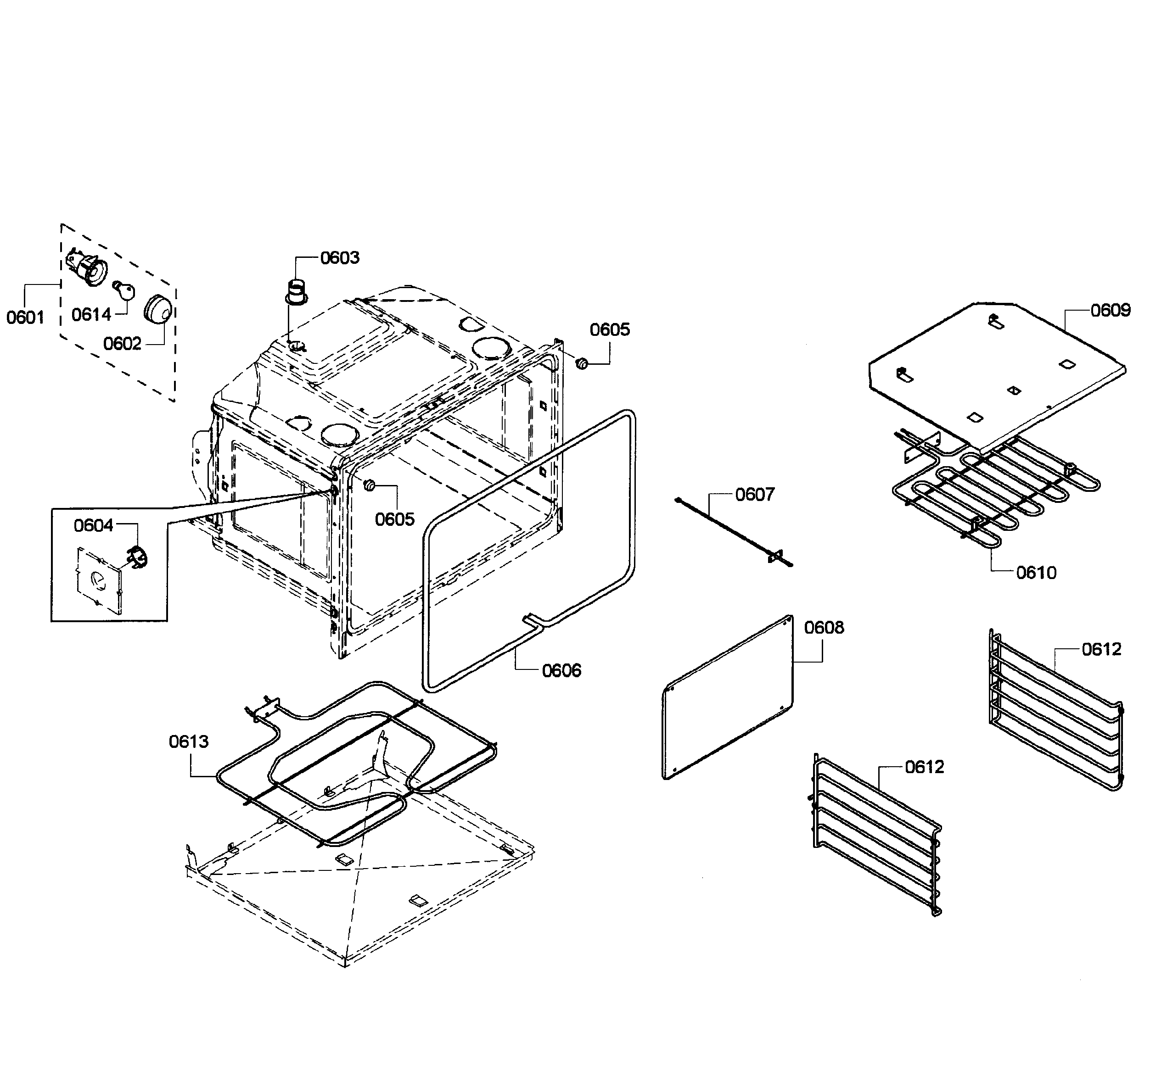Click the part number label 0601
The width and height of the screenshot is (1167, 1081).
(x=25, y=318)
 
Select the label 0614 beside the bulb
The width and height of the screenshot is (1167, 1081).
(x=91, y=315)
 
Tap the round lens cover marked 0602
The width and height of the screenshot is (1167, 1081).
(x=158, y=308)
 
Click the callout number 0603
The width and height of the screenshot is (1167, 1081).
(x=339, y=258)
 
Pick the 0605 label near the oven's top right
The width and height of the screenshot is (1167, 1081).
(x=609, y=330)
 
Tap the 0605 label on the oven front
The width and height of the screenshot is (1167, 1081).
(x=394, y=519)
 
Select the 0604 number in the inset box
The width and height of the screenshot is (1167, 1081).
(x=94, y=526)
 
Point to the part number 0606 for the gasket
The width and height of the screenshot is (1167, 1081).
(x=561, y=670)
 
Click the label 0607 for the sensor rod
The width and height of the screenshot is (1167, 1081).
(x=754, y=495)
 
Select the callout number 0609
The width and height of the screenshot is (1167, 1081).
(x=1110, y=311)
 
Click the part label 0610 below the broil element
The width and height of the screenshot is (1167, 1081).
(x=1036, y=573)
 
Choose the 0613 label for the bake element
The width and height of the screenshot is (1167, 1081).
(x=188, y=742)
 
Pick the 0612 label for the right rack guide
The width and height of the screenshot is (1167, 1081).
(x=1101, y=649)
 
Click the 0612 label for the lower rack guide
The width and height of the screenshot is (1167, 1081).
(x=924, y=767)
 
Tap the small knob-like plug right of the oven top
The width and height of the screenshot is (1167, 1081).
(x=582, y=363)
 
